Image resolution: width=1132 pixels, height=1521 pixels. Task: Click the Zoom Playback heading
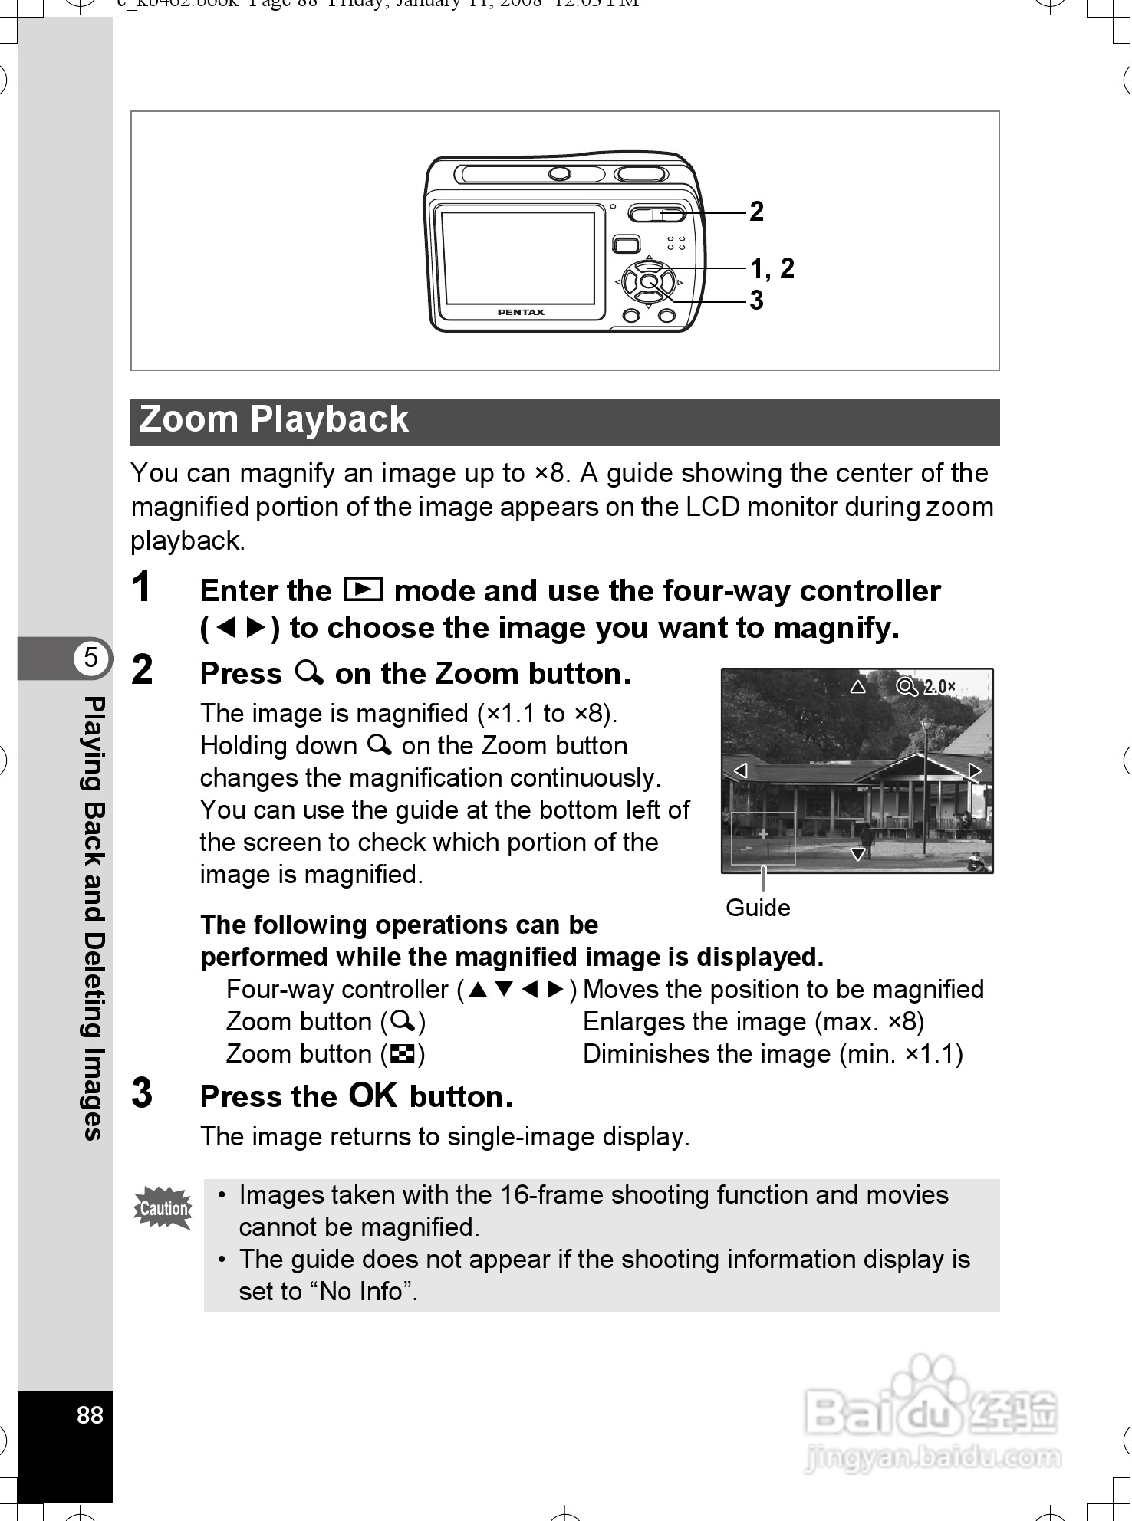coord(274,420)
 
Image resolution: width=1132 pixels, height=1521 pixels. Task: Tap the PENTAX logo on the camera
coord(521,312)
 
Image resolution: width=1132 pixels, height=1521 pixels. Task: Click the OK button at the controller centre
coord(649,281)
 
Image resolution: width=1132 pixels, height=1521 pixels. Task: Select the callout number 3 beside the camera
coord(757,301)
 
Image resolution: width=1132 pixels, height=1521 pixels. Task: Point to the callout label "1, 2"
coord(772,268)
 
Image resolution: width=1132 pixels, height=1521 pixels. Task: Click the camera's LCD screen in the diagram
coord(518,258)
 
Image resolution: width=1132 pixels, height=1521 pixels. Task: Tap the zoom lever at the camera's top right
coord(656,213)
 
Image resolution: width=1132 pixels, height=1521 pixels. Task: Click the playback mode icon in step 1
coord(363,589)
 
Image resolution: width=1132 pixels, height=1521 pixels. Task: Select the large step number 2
coord(143,670)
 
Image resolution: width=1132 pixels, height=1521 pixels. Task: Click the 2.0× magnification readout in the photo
coord(939,687)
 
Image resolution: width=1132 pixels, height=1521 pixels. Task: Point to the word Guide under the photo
coord(758,908)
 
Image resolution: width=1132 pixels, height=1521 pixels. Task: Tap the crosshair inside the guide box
coord(763,833)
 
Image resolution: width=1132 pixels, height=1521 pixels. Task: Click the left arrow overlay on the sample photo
coord(741,770)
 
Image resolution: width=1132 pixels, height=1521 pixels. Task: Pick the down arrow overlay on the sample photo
coord(859,854)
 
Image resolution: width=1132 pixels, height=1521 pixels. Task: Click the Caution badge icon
coord(163,1208)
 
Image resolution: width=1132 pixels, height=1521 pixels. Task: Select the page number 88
coord(90,1415)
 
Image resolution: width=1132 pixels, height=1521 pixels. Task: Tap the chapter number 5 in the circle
coord(91,658)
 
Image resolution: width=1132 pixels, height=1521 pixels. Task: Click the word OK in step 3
coord(373,1096)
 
